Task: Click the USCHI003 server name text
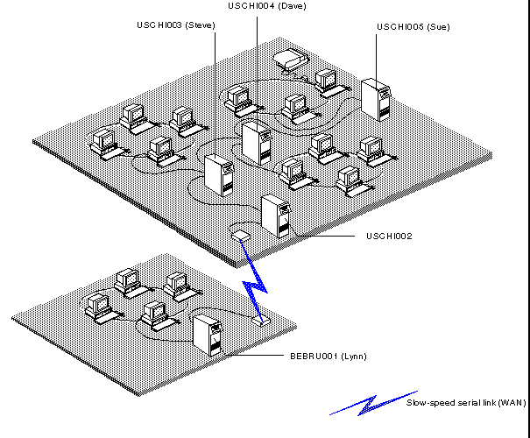[x=159, y=25]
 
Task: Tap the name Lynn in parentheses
[x=353, y=357]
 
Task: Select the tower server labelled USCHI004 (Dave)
[x=256, y=142]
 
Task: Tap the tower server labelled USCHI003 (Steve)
[x=216, y=175]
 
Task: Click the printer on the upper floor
[x=290, y=60]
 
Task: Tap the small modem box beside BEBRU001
[x=258, y=321]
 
